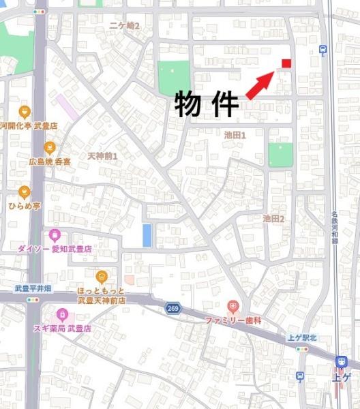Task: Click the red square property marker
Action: pos(286,63)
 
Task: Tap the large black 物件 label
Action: pos(207,104)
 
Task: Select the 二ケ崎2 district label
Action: pos(124,26)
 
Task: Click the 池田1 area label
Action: pos(235,136)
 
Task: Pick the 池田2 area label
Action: pos(273,218)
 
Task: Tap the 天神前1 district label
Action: pos(103,156)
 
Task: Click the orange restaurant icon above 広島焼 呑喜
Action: pos(49,147)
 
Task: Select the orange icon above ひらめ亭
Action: pos(25,192)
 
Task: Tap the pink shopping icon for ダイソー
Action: pos(55,235)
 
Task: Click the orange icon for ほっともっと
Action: pos(102,276)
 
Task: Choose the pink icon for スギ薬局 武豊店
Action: pos(63,315)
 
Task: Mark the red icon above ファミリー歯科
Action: pos(233,306)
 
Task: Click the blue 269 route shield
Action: pos(172,309)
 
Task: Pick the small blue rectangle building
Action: pos(147,235)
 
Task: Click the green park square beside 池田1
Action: pos(280,155)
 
